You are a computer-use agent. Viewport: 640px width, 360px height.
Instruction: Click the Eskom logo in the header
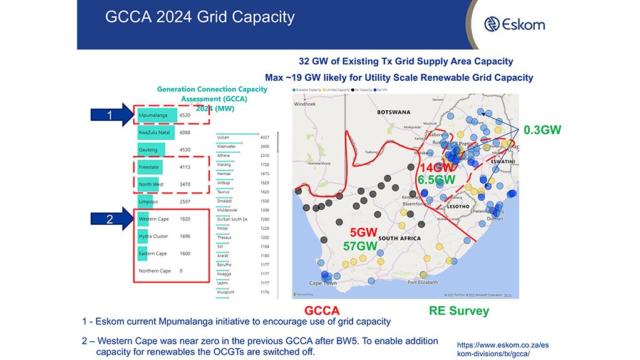[515, 24]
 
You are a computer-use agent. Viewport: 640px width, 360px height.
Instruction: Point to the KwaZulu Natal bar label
[154, 133]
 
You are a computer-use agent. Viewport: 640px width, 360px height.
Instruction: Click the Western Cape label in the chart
[154, 219]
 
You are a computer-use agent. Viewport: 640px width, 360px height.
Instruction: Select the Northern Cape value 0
[182, 271]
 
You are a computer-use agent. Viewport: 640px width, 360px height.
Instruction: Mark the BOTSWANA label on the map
[393, 112]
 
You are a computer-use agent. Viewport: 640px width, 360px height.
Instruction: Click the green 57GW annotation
[359, 247]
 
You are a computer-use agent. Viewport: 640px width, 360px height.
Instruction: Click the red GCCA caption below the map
[322, 311]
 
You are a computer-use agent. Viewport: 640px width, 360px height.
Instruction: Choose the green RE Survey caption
[459, 311]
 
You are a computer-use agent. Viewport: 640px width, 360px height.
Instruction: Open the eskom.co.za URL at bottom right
[498, 349]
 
